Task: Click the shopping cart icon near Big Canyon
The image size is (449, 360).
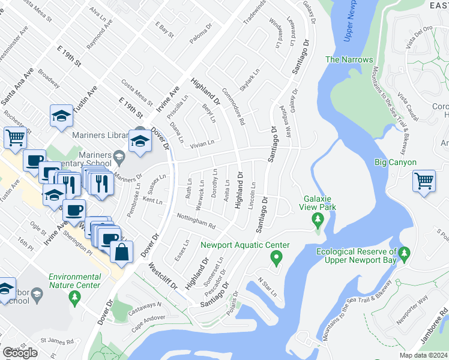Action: click(424, 180)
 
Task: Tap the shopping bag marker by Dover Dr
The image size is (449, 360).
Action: click(122, 253)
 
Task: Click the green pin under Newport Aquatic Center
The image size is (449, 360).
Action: click(277, 259)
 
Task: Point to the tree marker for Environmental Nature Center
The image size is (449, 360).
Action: click(75, 296)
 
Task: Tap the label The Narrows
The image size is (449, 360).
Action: click(349, 60)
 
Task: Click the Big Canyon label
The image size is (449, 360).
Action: click(395, 162)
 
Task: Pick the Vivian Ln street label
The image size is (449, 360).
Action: click(202, 143)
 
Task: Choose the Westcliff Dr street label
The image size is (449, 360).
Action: click(163, 276)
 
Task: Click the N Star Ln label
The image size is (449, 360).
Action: click(267, 287)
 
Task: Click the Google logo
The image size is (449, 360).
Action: click(20, 353)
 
